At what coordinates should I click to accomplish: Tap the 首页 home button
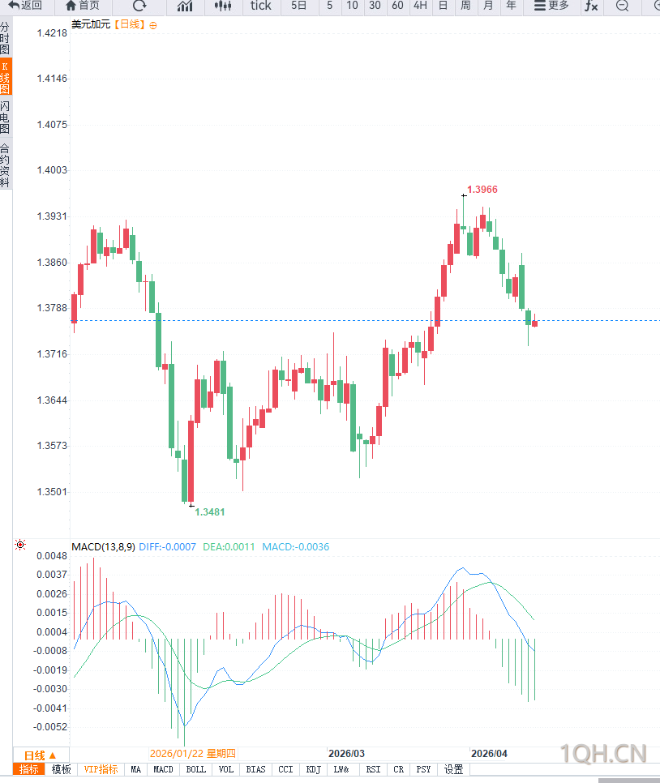pos(83,6)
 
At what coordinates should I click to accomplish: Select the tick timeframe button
pos(260,6)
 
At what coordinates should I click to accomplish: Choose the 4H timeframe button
pos(420,6)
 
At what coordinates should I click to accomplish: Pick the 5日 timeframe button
pos(298,6)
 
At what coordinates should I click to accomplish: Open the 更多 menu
pos(551,6)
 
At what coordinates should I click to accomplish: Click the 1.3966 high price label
pos(482,189)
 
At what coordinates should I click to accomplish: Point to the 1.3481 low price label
pos(209,511)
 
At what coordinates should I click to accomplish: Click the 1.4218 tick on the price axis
pos(52,33)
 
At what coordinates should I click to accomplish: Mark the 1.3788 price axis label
pos(52,308)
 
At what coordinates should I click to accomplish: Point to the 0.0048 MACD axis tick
pos(50,556)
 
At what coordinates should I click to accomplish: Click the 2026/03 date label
pos(346,753)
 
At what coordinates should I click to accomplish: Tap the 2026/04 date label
pos(489,753)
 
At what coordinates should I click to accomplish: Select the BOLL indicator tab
pos(195,769)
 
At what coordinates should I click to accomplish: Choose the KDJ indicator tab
pos(313,769)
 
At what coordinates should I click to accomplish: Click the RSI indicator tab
pos(373,769)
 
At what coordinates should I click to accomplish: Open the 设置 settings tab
pos(453,769)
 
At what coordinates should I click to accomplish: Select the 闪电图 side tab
pos(6,118)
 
